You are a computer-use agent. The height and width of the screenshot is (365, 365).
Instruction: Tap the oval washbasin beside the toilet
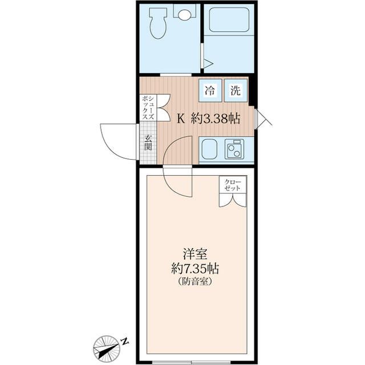[185, 15]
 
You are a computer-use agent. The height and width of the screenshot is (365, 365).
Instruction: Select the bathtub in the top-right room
[228, 21]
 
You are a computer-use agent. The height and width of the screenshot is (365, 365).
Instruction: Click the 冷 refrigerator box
[210, 90]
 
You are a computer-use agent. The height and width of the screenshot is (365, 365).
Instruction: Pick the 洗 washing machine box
[236, 90]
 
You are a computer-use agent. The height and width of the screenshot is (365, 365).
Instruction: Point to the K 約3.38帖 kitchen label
[208, 119]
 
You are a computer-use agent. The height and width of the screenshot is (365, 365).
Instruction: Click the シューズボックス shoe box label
[148, 107]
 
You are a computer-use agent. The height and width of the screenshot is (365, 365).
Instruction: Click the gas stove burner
[234, 150]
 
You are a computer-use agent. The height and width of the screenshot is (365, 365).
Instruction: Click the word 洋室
[194, 252]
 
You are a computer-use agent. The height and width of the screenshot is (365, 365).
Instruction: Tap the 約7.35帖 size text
[196, 268]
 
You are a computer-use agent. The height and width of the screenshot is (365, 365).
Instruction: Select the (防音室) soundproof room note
[195, 282]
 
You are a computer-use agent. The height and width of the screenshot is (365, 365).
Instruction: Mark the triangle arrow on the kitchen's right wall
[262, 119]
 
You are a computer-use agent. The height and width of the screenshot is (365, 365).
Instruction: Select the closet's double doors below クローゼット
[233, 200]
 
